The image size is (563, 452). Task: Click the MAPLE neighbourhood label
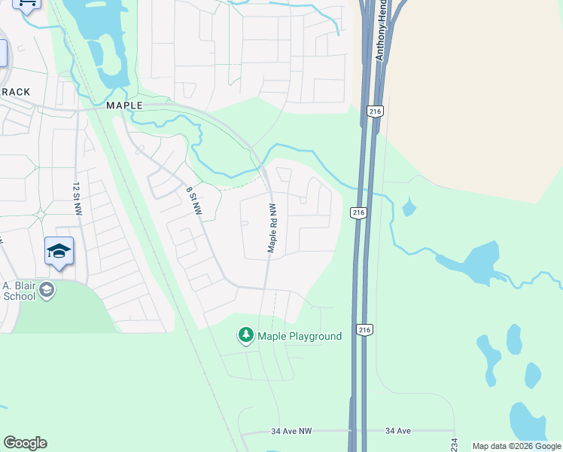pos(124,105)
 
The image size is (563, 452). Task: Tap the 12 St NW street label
pos(77,198)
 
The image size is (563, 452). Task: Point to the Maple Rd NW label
pos(272,228)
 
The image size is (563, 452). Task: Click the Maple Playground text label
pos(300,336)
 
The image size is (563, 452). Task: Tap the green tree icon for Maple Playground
pos(245,335)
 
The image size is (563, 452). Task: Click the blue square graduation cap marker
pos(59,252)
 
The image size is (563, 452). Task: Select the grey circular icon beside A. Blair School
pos(47,290)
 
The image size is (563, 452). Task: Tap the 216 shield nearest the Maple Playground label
pos(364,330)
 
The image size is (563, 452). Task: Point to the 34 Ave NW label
pos(291,432)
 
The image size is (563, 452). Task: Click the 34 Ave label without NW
pos(398,432)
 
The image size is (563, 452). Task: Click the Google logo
pos(25,443)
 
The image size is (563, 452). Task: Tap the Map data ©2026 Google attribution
pos(516,446)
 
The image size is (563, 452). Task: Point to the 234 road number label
pos(454,445)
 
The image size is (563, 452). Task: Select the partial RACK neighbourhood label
pos(15,92)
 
